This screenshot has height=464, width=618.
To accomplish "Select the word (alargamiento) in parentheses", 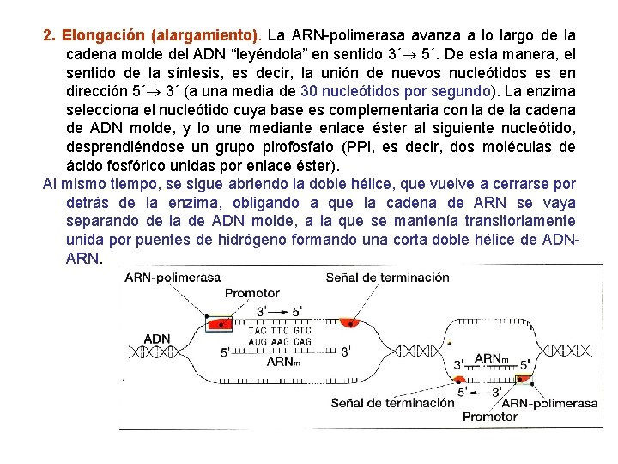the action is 203,36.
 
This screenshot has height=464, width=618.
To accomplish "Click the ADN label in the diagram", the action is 157,339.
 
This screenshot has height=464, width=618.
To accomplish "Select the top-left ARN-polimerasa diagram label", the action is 172,278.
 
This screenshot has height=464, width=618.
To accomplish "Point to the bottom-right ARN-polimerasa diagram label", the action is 549,402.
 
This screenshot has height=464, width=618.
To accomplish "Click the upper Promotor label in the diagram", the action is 252,293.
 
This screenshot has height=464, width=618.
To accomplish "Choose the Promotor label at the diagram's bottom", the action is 490,417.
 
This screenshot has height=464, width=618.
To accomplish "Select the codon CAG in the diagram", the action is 302,341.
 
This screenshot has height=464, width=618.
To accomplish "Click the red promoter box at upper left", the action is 222,325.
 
